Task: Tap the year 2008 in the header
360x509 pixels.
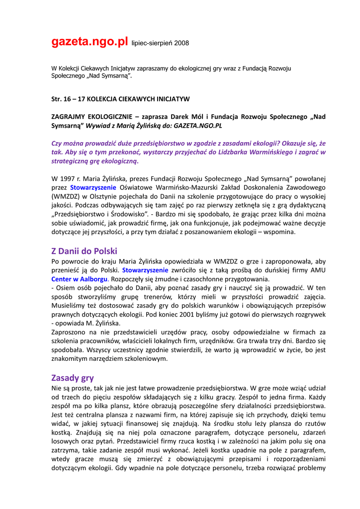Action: [x=180, y=44]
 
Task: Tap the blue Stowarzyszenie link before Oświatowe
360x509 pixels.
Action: [x=93, y=187]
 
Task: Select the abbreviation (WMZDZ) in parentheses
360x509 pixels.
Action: [x=67, y=196]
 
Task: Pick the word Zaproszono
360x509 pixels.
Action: [x=70, y=333]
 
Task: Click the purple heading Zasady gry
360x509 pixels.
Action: [x=73, y=377]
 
